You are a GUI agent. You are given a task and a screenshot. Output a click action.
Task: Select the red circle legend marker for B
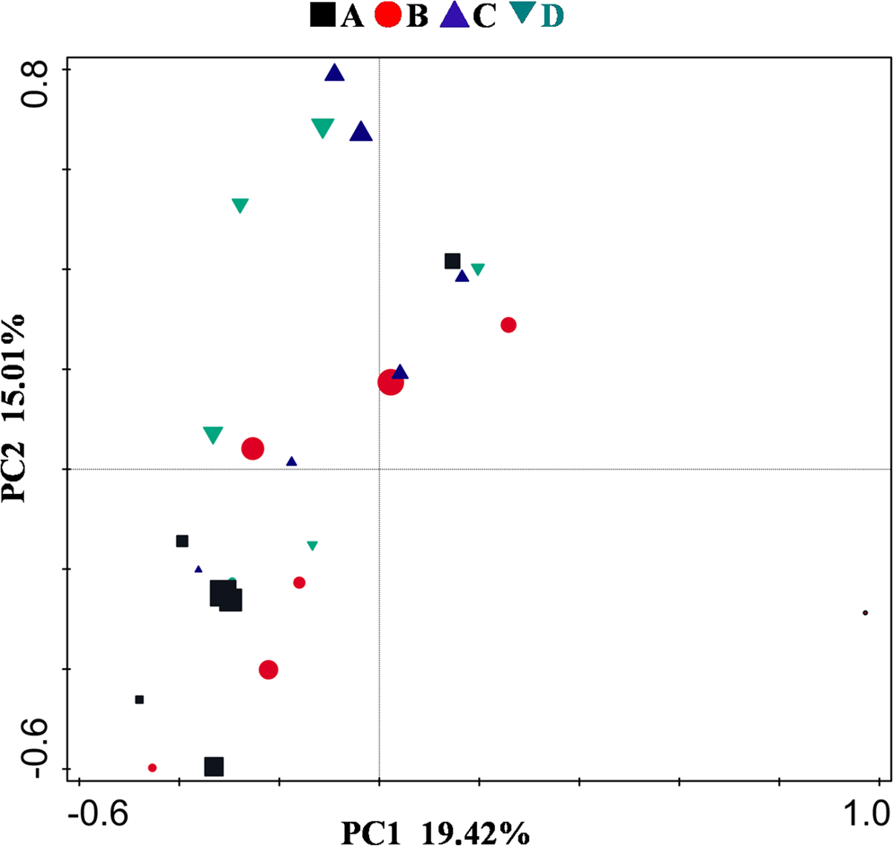coord(389,15)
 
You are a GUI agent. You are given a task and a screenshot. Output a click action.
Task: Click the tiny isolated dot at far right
coord(865,612)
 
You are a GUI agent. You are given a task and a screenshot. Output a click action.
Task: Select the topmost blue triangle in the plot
coord(335,74)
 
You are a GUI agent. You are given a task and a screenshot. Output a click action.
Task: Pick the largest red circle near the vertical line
coord(390,383)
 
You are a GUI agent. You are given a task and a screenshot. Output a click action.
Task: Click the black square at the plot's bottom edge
coord(214,766)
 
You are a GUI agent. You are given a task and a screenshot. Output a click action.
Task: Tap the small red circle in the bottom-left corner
coord(153,768)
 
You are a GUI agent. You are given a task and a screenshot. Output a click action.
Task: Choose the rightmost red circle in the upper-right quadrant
coord(508,325)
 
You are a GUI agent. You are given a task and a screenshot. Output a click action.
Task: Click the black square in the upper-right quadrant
coord(453,261)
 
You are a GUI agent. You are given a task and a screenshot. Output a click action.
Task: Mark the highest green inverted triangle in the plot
coord(323,128)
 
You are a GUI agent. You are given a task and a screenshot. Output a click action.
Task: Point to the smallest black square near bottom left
coord(139,700)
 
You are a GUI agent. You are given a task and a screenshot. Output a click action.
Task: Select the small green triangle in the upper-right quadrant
coord(478,269)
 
